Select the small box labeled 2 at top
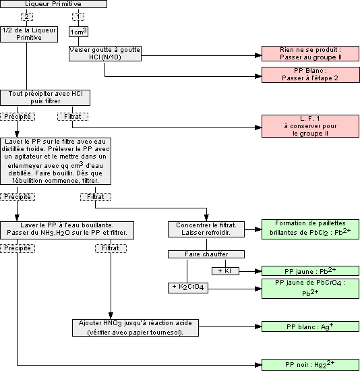[26, 16]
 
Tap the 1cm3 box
[79, 32]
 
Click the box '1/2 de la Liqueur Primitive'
[26, 34]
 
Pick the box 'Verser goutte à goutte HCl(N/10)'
[104, 53]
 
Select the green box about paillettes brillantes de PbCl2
[310, 229]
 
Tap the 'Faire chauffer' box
[206, 254]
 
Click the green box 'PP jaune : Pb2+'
[310, 270]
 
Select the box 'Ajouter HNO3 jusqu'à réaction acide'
[136, 326]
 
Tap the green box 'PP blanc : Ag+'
[310, 326]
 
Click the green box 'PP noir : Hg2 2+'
[310, 364]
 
